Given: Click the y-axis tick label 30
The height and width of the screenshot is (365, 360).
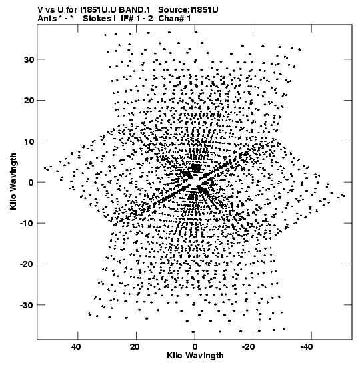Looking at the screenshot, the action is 29,59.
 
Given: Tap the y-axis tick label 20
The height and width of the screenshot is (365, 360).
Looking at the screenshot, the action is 29,101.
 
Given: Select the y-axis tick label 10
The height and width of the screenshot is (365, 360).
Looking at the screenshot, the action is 29,141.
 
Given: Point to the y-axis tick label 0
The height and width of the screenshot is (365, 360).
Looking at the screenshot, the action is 31,183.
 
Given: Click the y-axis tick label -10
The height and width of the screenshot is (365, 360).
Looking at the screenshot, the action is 27,224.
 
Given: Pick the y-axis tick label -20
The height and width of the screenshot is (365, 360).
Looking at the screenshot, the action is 27,264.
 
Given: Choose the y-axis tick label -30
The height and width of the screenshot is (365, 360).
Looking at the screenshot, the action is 27,305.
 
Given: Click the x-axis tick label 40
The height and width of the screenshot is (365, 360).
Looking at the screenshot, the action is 76,347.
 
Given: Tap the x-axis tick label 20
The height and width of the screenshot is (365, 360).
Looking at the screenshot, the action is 135,347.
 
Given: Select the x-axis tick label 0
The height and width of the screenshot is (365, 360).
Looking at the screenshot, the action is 195,347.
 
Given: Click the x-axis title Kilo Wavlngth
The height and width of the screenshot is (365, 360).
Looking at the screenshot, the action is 195,356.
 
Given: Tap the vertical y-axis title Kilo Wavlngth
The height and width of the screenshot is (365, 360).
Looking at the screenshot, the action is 13,181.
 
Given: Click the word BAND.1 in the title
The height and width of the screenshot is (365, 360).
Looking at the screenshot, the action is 136,10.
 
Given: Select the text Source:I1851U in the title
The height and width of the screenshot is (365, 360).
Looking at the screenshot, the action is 188,10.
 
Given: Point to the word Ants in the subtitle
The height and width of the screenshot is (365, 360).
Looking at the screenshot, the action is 47,19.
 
